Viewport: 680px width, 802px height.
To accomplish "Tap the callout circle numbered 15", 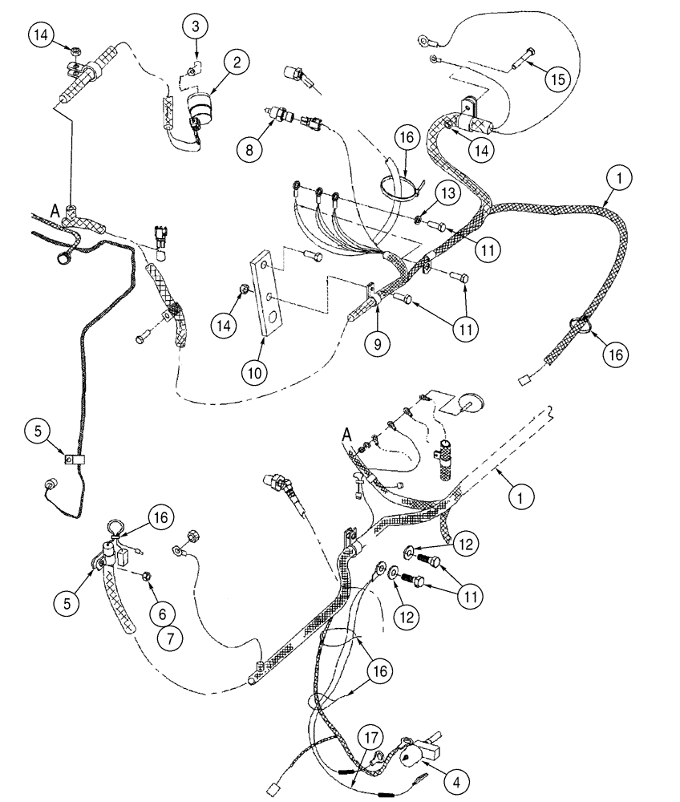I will [x=559, y=78].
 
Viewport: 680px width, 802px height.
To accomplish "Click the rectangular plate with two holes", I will [x=265, y=293].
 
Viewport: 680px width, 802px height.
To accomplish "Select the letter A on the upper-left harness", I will [x=55, y=211].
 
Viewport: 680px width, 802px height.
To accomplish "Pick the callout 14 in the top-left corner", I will [x=42, y=36].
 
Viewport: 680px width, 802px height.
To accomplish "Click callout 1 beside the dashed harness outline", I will [x=520, y=498].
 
